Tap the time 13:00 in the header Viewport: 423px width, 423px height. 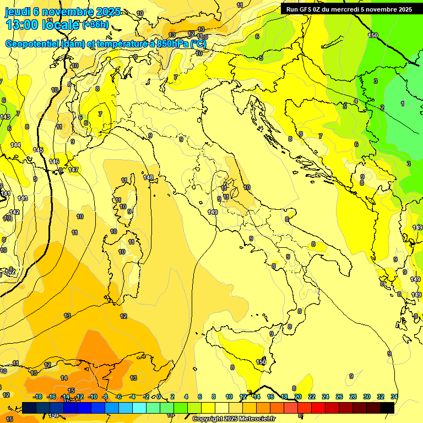point(23,25)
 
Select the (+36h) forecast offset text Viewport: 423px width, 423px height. point(95,25)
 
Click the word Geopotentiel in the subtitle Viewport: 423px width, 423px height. point(32,44)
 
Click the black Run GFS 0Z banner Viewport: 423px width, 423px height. point(349,9)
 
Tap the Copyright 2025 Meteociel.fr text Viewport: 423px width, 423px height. point(234,419)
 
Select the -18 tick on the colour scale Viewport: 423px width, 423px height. point(37,397)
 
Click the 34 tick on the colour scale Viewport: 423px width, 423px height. point(394,397)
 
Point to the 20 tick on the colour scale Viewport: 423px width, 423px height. point(298,397)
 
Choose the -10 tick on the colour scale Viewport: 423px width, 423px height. point(93,397)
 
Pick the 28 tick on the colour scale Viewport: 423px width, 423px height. point(353,397)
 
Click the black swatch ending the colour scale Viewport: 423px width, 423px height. point(387,408)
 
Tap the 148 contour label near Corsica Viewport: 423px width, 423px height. point(148,177)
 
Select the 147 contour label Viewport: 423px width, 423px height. point(73,170)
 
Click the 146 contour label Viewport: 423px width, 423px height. point(54,161)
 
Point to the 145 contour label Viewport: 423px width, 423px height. point(38,150)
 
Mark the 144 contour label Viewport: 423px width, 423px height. point(15,145)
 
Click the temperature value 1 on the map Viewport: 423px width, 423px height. point(403,103)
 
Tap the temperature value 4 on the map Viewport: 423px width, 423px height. point(356,101)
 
